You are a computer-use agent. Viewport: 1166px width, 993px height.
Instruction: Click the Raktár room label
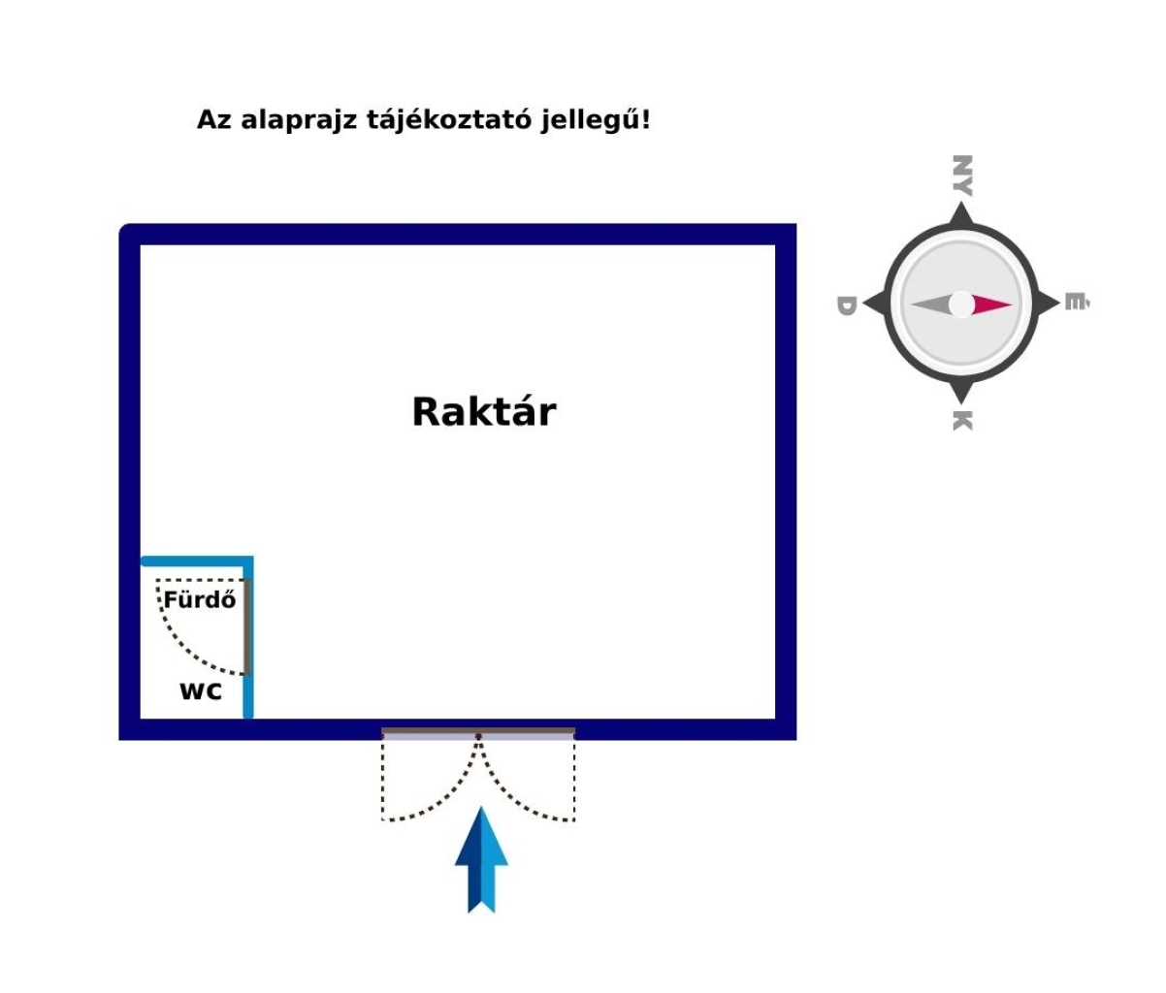click(x=484, y=411)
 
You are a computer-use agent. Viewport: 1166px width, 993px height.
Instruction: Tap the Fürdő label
click(x=200, y=599)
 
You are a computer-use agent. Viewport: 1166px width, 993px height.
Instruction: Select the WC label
click(x=201, y=691)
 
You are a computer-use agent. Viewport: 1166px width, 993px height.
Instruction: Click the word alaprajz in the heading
click(x=299, y=120)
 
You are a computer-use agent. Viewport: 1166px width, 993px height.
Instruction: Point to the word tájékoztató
click(x=449, y=120)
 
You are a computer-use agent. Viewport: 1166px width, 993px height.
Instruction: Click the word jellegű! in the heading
click(x=596, y=120)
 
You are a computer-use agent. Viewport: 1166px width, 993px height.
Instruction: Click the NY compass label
click(x=962, y=176)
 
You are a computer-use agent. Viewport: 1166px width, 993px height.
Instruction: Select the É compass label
click(x=1077, y=302)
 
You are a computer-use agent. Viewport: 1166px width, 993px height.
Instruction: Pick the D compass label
click(x=846, y=305)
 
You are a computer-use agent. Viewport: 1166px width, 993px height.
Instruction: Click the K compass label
click(x=962, y=421)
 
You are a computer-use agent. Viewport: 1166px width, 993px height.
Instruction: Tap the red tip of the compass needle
click(x=992, y=304)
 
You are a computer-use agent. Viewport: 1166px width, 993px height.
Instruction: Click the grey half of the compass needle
click(x=931, y=304)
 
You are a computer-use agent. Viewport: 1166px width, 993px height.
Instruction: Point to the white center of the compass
click(x=961, y=304)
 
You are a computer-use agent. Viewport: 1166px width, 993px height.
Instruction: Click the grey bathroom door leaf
click(x=246, y=627)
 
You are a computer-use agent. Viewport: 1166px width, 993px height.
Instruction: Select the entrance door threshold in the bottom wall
click(x=478, y=734)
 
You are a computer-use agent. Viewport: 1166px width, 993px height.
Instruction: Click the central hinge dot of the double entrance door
click(x=478, y=736)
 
